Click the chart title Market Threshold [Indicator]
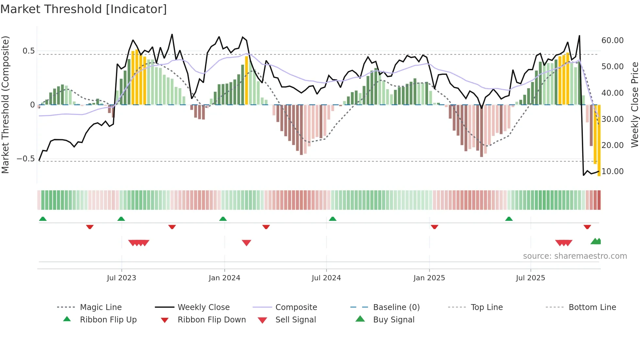click(84, 9)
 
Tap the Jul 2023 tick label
click(121, 278)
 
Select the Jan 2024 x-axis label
click(224, 278)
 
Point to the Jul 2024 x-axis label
click(326, 278)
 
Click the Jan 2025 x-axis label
click(429, 278)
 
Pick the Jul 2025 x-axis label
click(531, 278)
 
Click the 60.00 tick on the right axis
click(612, 41)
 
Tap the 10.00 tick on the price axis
click(612, 172)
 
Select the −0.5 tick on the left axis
click(25, 159)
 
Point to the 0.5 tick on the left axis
click(28, 51)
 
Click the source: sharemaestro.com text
click(575, 256)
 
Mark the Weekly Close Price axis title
click(634, 105)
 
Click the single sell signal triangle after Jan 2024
click(247, 243)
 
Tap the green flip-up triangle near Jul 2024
click(332, 219)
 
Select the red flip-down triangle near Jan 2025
click(434, 227)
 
